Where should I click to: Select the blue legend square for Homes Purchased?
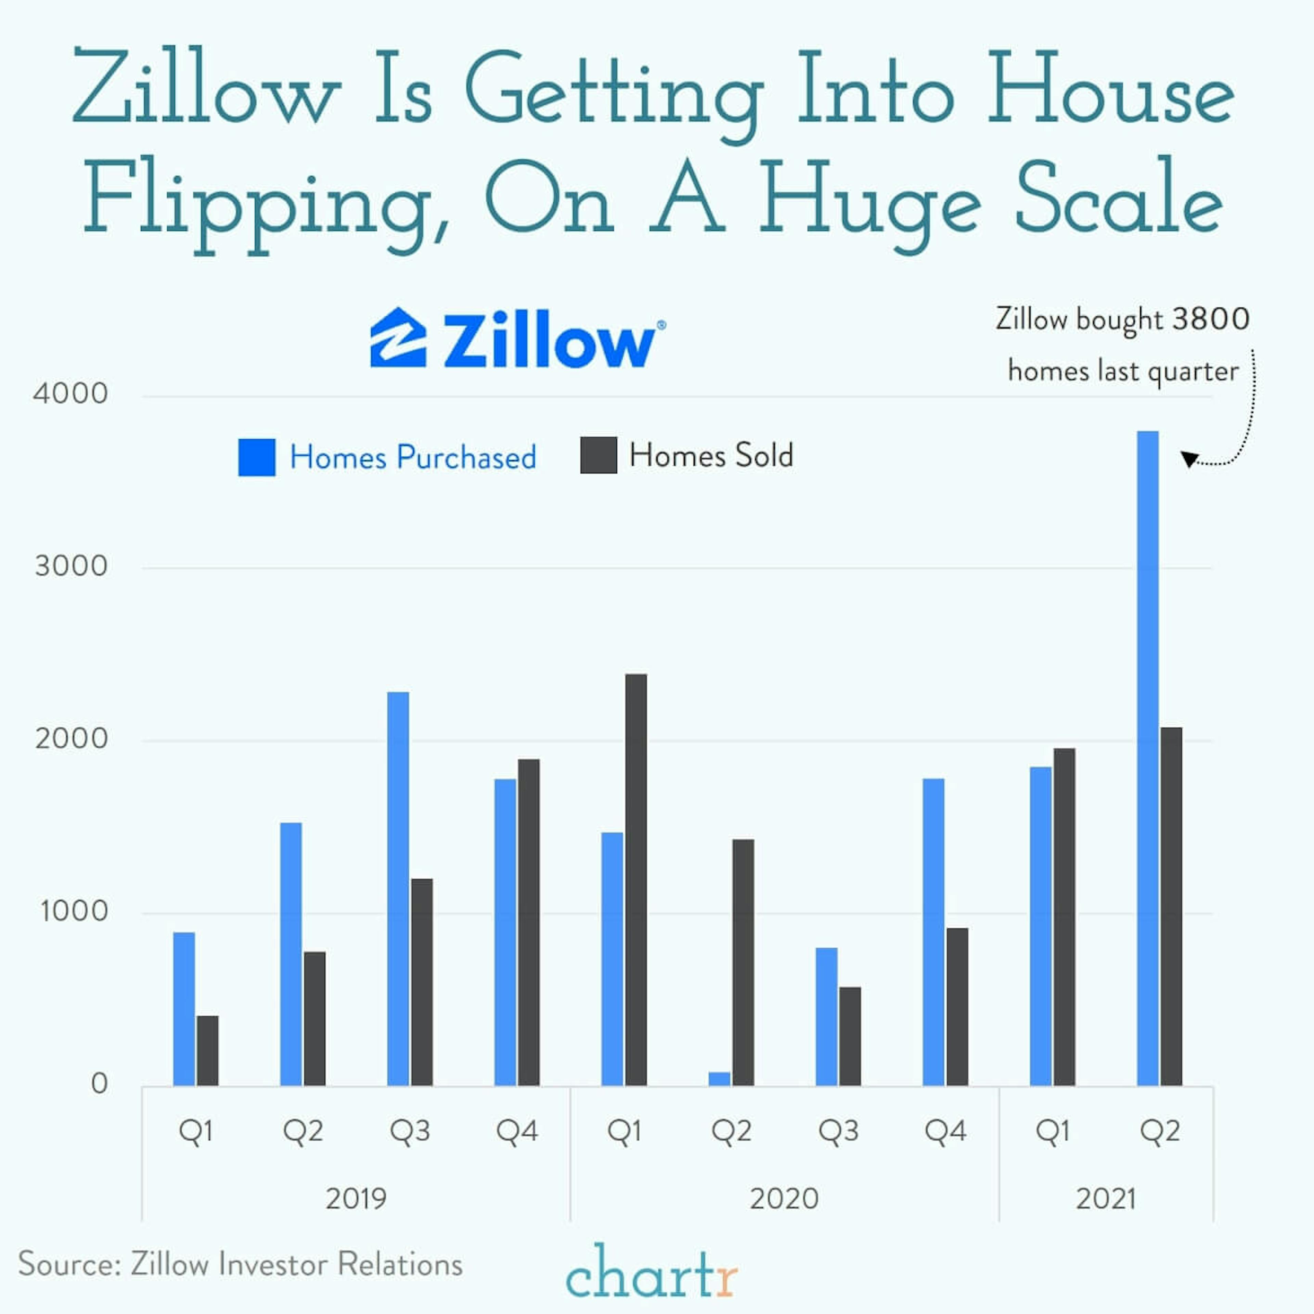click(x=256, y=457)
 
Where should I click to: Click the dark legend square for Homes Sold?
click(x=598, y=455)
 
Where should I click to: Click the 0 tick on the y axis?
click(x=99, y=1083)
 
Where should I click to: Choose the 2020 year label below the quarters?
click(x=784, y=1198)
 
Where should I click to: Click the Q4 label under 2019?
click(x=517, y=1131)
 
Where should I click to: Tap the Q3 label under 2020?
click(x=838, y=1131)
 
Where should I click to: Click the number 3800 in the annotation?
click(x=1211, y=319)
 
